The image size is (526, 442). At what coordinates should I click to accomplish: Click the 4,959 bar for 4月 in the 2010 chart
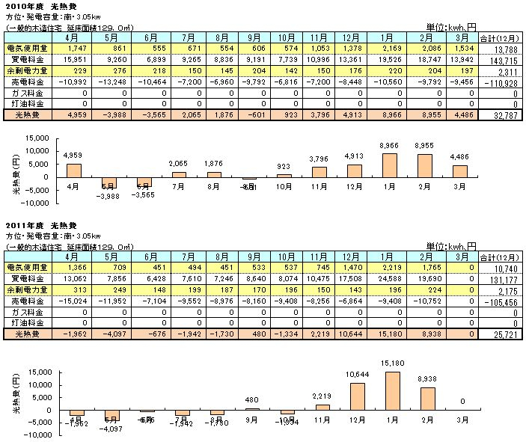(x=74, y=170)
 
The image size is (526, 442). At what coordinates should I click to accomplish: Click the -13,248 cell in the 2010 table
(x=107, y=86)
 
